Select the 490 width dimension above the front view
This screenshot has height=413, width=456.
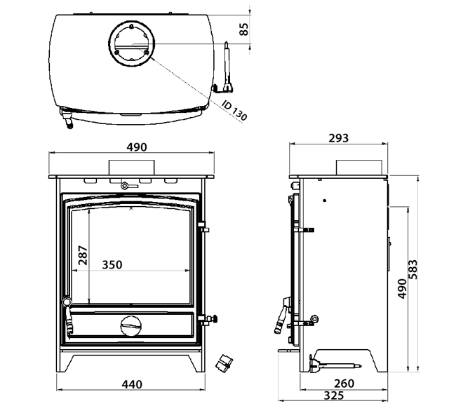tap(136, 147)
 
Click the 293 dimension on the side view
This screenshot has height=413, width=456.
tap(338, 138)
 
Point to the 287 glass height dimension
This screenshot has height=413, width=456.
tap(82, 257)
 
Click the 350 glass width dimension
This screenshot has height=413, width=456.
tap(112, 264)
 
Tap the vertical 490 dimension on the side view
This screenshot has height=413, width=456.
tap(402, 288)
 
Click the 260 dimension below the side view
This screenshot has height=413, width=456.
tap(343, 384)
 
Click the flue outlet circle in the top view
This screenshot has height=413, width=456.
tap(131, 42)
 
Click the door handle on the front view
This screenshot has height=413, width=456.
tap(68, 316)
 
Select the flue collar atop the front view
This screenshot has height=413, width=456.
tap(131, 167)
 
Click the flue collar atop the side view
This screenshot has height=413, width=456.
tap(360, 167)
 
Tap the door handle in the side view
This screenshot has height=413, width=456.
tap(282, 316)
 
